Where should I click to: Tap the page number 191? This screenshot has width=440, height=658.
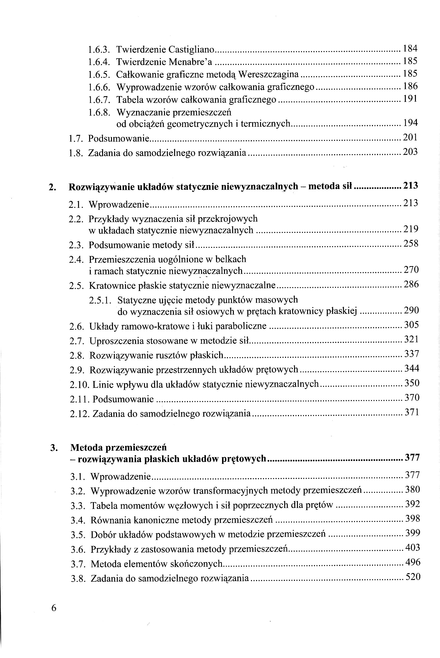pyautogui.click(x=410, y=99)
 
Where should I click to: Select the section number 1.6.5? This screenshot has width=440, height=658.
pyautogui.click(x=98, y=74)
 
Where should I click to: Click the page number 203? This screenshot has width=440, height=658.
pyautogui.click(x=410, y=152)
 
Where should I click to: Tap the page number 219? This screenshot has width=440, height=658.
pyautogui.click(x=411, y=229)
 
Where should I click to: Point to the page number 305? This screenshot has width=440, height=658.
pyautogui.click(x=411, y=325)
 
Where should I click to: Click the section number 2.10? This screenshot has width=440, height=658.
pyautogui.click(x=79, y=385)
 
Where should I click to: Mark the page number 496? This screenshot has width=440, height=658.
pyautogui.click(x=413, y=562)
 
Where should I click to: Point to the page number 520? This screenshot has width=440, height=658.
pyautogui.click(x=413, y=577)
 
